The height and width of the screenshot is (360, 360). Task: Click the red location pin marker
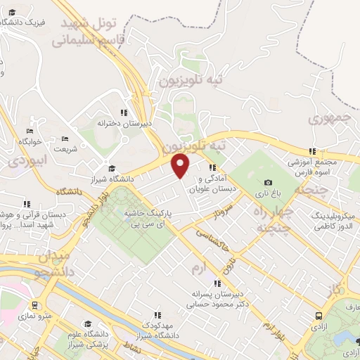coord(181,165)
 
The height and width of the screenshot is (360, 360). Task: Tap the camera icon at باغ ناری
coord(268,183)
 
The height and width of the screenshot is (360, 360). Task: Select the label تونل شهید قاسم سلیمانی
coord(96,32)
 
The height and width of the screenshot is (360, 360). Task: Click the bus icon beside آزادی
coord(319,317)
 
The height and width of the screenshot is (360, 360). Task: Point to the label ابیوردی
coord(26,161)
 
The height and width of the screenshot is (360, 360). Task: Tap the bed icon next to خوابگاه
coord(29,131)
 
